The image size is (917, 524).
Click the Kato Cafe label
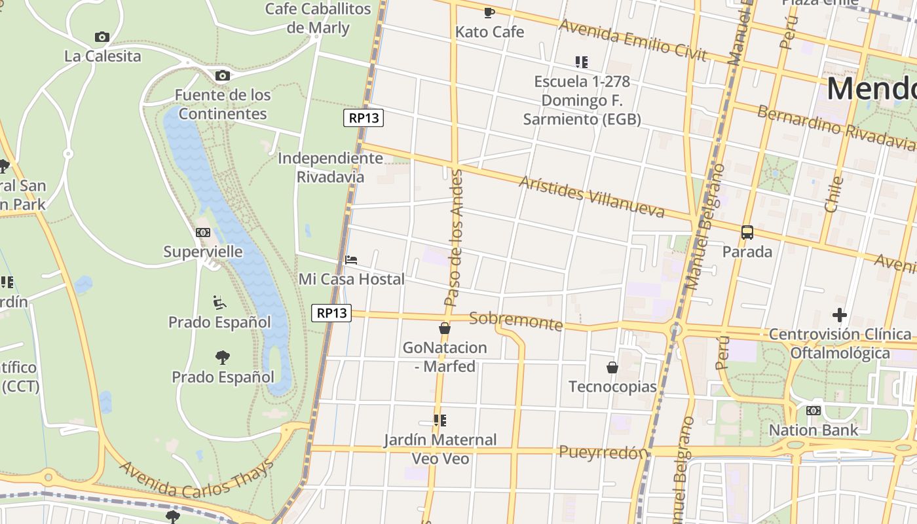click(489, 31)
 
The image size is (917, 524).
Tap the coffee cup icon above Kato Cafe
click(489, 12)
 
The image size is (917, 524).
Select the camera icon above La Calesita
click(102, 37)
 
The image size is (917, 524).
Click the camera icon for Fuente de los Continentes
click(222, 75)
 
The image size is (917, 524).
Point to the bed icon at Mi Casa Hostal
click(351, 259)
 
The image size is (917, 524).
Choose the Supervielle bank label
click(202, 252)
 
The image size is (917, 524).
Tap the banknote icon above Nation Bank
click(813, 411)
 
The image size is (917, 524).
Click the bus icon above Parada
click(747, 232)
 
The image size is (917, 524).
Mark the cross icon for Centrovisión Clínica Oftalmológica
click(839, 315)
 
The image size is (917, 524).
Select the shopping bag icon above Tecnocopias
click(612, 367)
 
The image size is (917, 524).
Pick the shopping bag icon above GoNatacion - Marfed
click(445, 328)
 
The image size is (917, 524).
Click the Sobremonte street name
click(516, 321)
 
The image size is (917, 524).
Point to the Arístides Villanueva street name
click(591, 196)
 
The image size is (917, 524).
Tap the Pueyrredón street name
click(603, 452)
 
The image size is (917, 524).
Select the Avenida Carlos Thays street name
click(196, 481)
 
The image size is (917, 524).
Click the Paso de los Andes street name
click(454, 238)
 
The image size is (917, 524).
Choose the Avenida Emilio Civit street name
click(633, 40)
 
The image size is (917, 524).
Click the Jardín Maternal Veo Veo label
click(440, 449)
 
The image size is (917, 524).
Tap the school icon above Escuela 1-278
click(581, 62)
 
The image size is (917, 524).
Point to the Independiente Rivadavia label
click(330, 167)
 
